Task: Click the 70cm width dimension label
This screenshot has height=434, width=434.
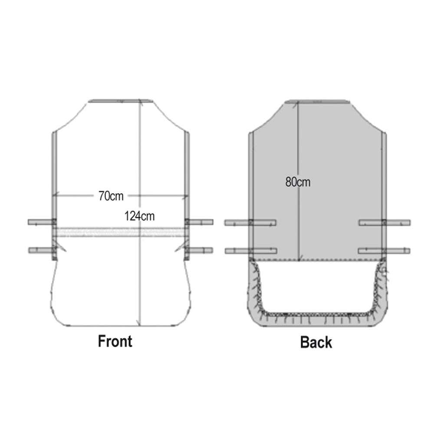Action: click(111, 196)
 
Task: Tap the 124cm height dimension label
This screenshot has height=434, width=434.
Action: click(139, 216)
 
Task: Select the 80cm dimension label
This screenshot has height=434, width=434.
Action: click(298, 182)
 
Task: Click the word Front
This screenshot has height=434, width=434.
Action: click(115, 341)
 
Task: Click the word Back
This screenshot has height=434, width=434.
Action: click(316, 342)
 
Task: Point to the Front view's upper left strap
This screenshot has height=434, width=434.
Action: click(42, 222)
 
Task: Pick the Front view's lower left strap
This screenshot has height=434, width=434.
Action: click(43, 250)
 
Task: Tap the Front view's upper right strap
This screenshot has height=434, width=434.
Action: click(199, 222)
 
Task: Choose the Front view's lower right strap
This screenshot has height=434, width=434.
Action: click(199, 250)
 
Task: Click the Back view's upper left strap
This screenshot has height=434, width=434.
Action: click(250, 223)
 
